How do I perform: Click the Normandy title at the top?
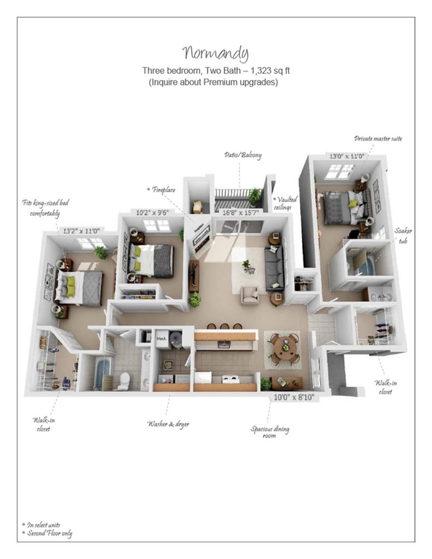[216, 53]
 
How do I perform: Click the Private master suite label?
[377, 139]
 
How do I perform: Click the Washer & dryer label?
[168, 423]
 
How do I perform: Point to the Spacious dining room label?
[270, 432]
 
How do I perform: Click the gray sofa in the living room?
[274, 268]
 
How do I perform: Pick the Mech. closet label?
[162, 338]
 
